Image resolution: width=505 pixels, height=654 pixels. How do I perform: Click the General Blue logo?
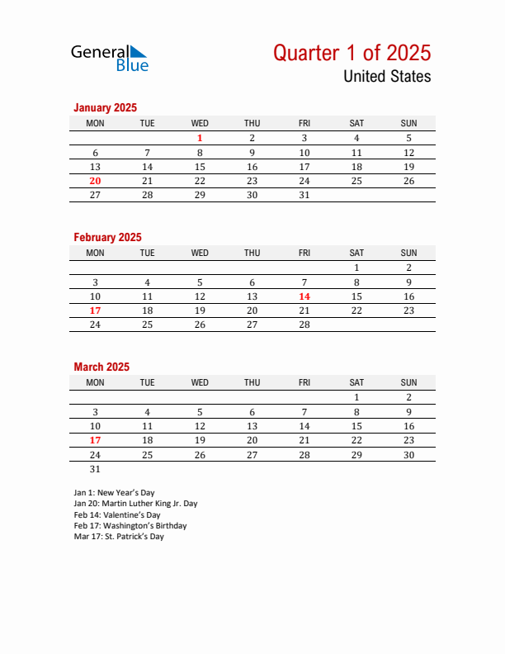point(109,57)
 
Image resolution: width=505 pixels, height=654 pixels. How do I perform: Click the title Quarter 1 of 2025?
point(352,53)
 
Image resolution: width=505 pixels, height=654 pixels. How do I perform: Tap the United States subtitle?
point(386,77)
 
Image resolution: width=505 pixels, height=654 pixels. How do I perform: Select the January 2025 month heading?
point(105,107)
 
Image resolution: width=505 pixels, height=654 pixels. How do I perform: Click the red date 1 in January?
point(200,138)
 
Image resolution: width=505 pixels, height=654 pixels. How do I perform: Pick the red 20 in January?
point(95,181)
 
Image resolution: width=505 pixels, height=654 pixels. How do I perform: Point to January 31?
point(304,195)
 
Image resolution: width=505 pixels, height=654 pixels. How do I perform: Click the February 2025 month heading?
point(107,237)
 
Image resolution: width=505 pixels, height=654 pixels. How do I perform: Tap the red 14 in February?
point(304,296)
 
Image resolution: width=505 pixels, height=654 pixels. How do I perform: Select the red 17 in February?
point(95,310)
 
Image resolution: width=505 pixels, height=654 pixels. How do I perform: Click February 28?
point(304,325)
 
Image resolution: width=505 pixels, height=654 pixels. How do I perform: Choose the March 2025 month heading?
point(101,367)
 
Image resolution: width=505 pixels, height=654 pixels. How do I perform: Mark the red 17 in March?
point(95,440)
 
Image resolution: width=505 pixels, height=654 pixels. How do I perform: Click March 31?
point(95,468)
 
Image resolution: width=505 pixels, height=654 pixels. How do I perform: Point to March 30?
point(408,454)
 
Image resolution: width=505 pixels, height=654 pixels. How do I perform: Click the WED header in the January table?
point(200,123)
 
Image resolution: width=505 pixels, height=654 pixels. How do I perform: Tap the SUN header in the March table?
point(408,382)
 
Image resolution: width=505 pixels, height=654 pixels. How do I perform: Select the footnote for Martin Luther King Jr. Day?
point(135,503)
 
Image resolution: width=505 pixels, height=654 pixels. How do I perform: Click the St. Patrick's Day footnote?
point(119,536)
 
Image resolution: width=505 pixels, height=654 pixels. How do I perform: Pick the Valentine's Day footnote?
point(117,514)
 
